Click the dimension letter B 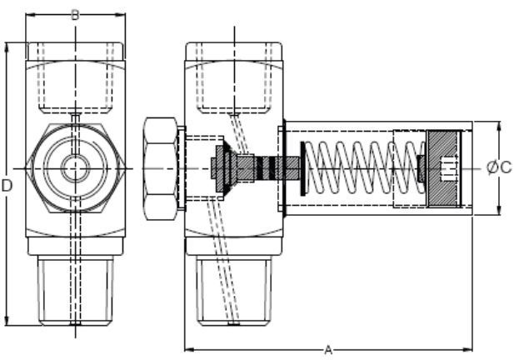[75, 14]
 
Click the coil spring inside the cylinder [359, 168]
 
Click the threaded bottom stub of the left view [76, 288]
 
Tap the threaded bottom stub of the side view [234, 288]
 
